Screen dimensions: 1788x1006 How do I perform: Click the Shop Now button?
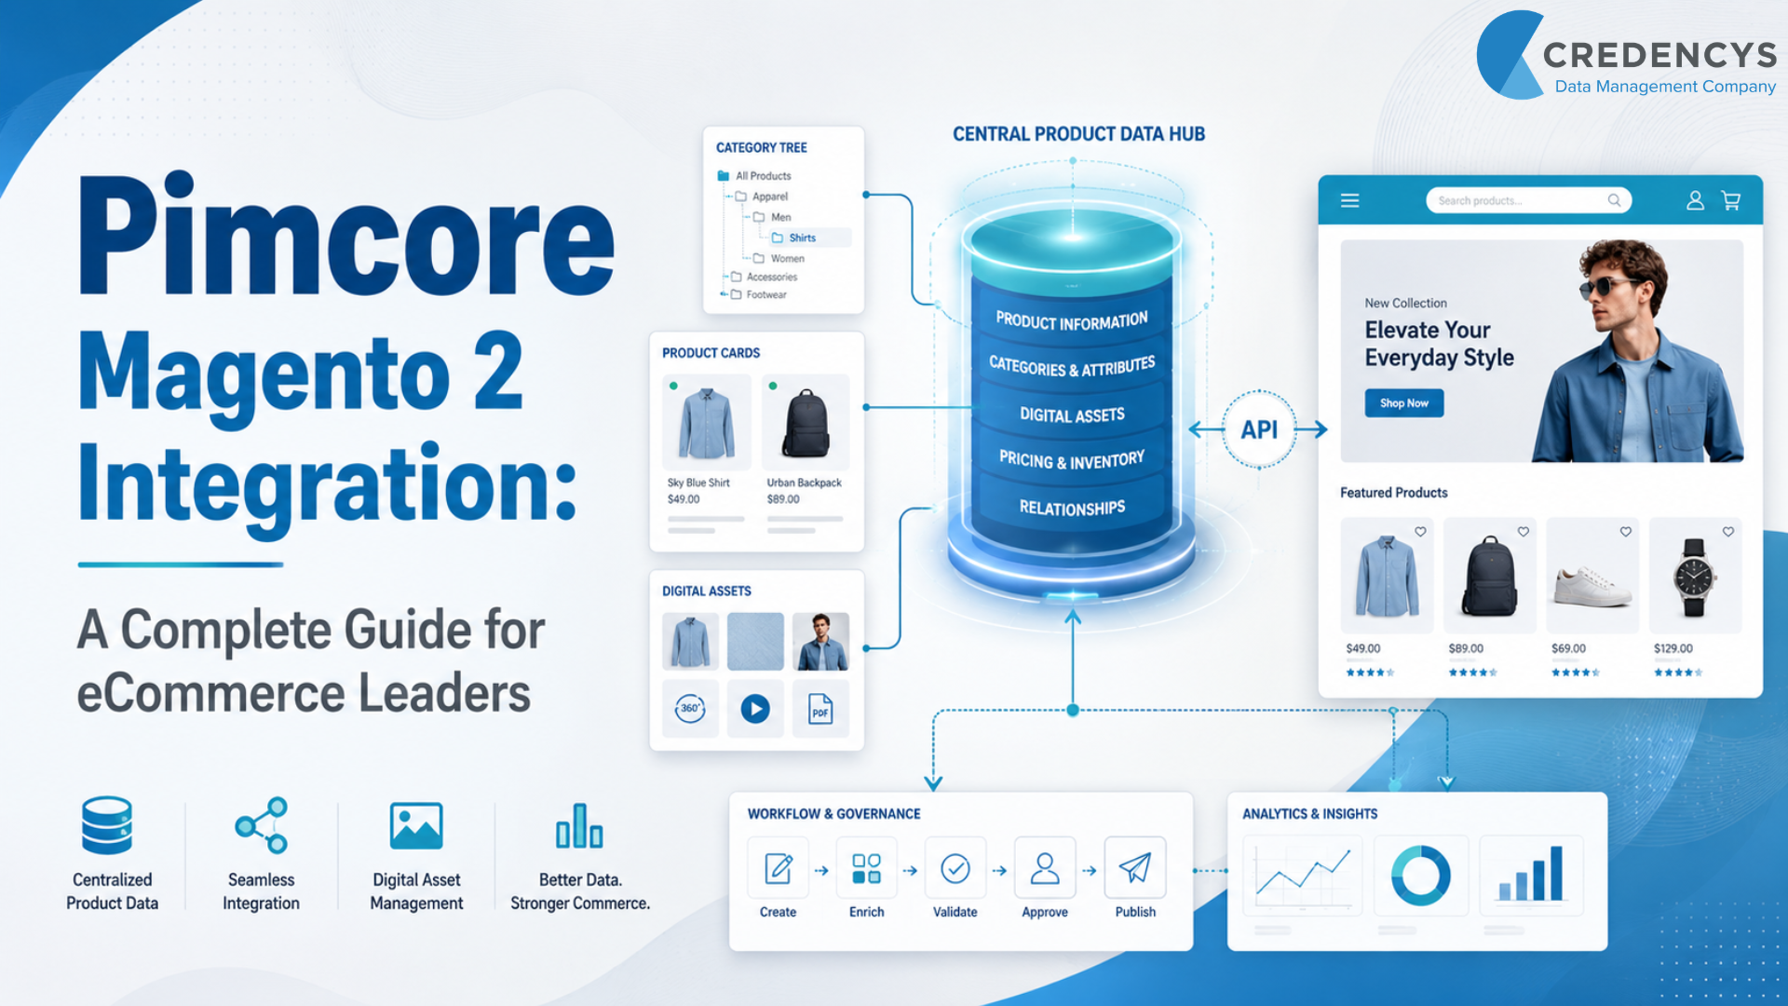click(1404, 403)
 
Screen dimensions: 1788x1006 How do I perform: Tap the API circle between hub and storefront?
click(1259, 429)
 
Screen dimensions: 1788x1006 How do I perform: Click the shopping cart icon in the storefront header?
click(1731, 200)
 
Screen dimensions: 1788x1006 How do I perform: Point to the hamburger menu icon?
click(1349, 200)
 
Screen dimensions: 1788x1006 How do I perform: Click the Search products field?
click(1528, 200)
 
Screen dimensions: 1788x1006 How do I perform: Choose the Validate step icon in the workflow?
click(955, 868)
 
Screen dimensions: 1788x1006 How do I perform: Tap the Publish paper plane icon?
click(1135, 868)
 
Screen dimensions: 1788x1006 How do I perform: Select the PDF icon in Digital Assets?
click(820, 709)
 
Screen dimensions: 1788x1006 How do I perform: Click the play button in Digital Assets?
click(755, 709)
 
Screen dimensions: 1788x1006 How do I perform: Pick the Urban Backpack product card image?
click(806, 423)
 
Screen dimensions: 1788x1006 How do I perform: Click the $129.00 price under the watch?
click(1673, 648)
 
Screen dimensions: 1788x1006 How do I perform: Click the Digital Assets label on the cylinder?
click(1072, 415)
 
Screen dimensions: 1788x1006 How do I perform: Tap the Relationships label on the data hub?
click(1072, 508)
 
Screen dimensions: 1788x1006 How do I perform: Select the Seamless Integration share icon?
click(262, 825)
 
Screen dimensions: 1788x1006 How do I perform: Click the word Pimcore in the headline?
click(346, 235)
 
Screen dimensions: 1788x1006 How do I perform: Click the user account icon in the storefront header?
click(1695, 200)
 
